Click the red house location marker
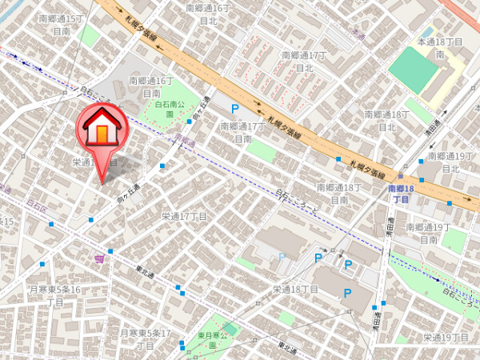point(102,128)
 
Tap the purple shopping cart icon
point(98,258)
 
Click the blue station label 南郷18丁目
point(400,194)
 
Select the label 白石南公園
point(170,109)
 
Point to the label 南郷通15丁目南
point(61,24)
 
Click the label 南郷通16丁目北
point(207,14)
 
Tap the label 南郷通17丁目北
point(304,62)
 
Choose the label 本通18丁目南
point(440,47)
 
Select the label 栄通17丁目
point(184,216)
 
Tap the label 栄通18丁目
point(296,290)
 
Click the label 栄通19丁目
point(446,337)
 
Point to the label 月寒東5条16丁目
point(54,295)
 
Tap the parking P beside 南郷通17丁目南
point(234,108)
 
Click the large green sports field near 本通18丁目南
point(414,68)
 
